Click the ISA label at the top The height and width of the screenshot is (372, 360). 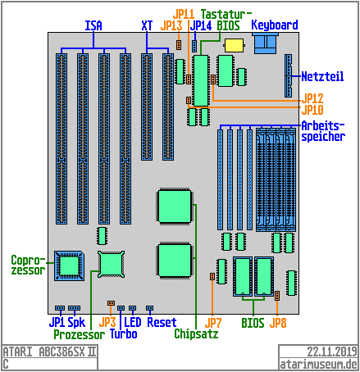(x=93, y=25)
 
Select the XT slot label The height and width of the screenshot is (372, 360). (x=148, y=25)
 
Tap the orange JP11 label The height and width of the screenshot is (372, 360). (x=184, y=14)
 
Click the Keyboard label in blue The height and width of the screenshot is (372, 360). (x=274, y=25)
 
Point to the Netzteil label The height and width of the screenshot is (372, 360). (x=322, y=76)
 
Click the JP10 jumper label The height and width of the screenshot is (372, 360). (x=313, y=109)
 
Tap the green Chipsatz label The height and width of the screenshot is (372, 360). (x=196, y=333)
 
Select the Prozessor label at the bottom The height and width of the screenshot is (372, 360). (x=79, y=334)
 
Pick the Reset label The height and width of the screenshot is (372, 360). (x=162, y=323)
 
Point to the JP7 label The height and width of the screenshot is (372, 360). (x=213, y=323)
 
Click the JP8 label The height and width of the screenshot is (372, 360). (x=278, y=323)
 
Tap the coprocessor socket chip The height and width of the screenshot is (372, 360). (x=70, y=264)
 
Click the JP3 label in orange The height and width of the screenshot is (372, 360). (x=119, y=323)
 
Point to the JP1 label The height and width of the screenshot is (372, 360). (x=57, y=323)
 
